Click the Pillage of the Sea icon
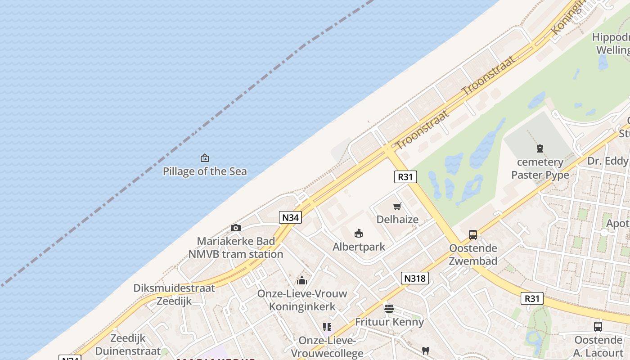pyautogui.click(x=205, y=158)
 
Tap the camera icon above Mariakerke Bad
pyautogui.click(x=235, y=228)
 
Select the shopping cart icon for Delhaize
pyautogui.click(x=397, y=207)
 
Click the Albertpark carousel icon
pyautogui.click(x=359, y=234)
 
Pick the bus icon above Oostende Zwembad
pyautogui.click(x=473, y=234)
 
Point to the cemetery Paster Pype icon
pyautogui.click(x=540, y=148)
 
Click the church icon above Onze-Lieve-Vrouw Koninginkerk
pyautogui.click(x=302, y=280)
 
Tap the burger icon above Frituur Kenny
pyautogui.click(x=389, y=309)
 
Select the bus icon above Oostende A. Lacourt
pyautogui.click(x=598, y=327)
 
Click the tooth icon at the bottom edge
pyautogui.click(x=425, y=351)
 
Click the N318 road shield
pyautogui.click(x=414, y=279)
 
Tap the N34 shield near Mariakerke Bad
pyautogui.click(x=290, y=217)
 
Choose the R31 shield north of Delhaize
pyautogui.click(x=405, y=177)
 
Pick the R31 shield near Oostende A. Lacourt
pyautogui.click(x=532, y=298)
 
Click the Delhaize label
pyautogui.click(x=397, y=220)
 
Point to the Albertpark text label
pyautogui.click(x=359, y=247)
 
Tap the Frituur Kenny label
pyautogui.click(x=389, y=322)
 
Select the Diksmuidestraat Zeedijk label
pyautogui.click(x=174, y=295)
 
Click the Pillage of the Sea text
pyautogui.click(x=205, y=171)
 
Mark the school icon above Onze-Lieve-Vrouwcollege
pyautogui.click(x=327, y=327)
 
